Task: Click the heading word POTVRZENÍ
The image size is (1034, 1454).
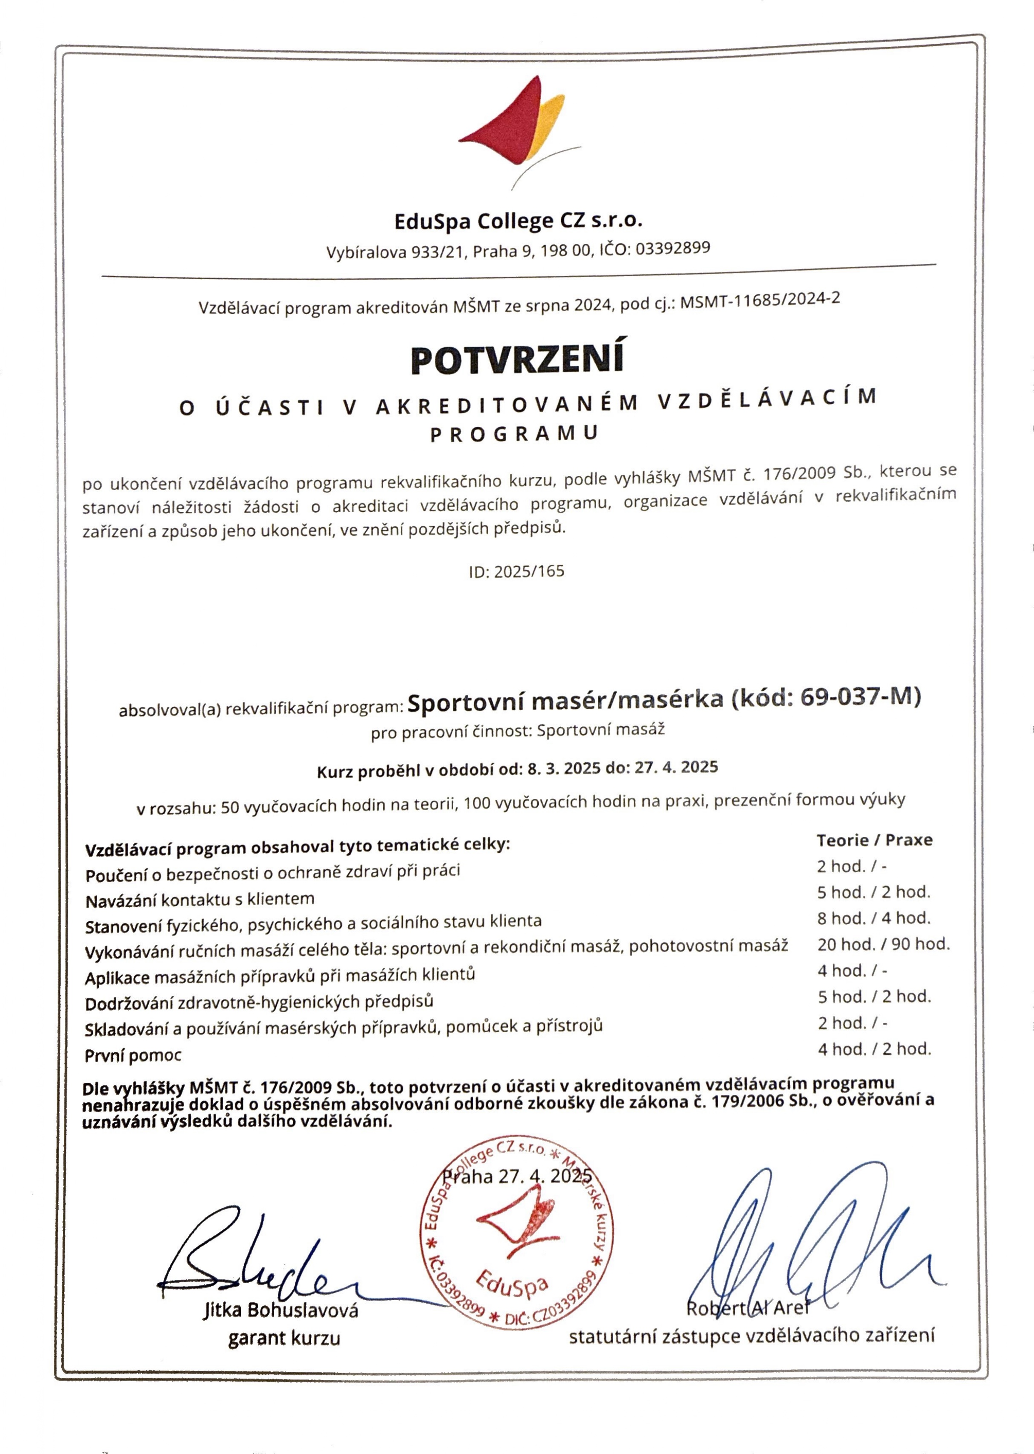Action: tap(517, 358)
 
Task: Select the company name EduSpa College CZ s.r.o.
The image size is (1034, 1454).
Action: tap(518, 220)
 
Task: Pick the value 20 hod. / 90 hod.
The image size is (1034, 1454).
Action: tap(883, 944)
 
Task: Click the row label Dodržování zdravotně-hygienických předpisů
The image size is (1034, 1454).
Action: tap(259, 1002)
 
